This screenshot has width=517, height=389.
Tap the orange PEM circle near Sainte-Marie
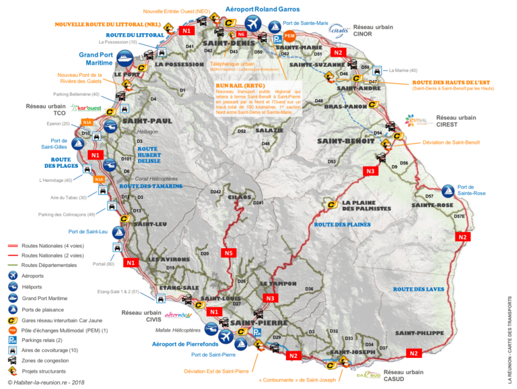(x=290, y=35)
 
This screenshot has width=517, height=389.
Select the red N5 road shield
(x=229, y=253)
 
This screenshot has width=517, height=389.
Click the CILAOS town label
(x=239, y=197)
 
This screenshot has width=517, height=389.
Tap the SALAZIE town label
(x=270, y=130)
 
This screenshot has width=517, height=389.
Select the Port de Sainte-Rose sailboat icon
(x=448, y=191)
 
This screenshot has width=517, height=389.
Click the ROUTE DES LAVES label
(x=419, y=289)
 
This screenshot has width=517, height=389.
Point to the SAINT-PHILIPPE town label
(x=419, y=333)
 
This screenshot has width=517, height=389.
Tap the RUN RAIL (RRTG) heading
(x=236, y=86)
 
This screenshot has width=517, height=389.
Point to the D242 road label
(x=215, y=192)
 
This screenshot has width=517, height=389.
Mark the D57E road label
(x=459, y=216)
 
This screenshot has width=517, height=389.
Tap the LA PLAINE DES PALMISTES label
(x=366, y=205)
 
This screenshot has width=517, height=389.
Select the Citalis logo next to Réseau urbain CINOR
(x=338, y=29)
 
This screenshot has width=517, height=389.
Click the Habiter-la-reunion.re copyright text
(x=47, y=382)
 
